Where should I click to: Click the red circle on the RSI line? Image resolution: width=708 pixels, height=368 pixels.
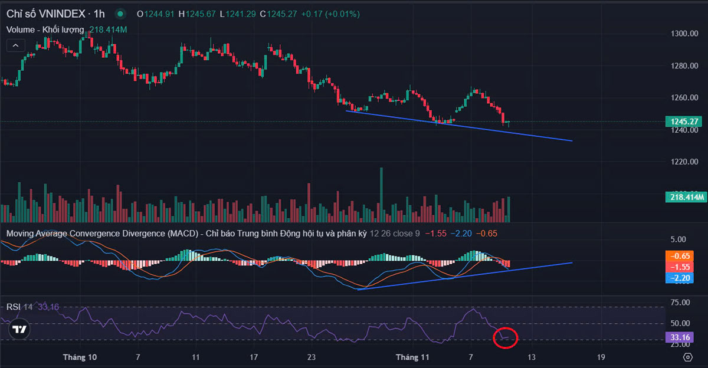point(505,337)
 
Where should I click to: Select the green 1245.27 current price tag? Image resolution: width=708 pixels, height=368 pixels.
point(686,122)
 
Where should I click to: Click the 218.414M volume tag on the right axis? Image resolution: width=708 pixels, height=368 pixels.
point(686,197)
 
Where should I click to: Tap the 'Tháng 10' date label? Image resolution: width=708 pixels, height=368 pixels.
point(80,357)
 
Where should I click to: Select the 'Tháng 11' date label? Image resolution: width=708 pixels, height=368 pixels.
point(412,357)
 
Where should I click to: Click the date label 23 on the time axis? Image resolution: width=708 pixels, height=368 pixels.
point(312,357)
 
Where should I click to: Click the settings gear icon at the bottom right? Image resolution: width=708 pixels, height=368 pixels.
point(687,357)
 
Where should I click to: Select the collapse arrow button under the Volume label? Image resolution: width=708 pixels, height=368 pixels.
point(15,45)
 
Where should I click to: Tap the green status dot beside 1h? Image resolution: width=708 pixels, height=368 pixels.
point(120,13)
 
